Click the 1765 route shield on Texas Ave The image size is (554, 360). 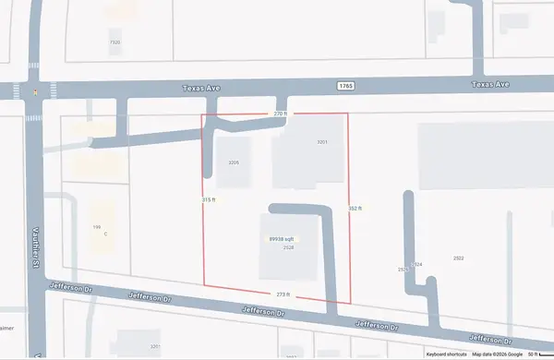click(345, 85)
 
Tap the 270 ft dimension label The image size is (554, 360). click(282, 114)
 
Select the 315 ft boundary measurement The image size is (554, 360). click(209, 200)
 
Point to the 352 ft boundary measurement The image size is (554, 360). click(355, 209)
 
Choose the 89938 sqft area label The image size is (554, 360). click(282, 239)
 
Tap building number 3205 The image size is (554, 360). click(234, 162)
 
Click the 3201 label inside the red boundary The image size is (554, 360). click(322, 141)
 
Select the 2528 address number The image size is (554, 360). click(288, 247)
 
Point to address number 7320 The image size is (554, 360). click(114, 42)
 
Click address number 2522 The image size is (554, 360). click(459, 258)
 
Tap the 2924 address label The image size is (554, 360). click(417, 264)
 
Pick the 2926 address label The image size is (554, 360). click(403, 270)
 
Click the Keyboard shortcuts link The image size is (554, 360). click(447, 354)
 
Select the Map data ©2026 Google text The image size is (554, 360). click(498, 354)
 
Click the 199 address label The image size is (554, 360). click(96, 226)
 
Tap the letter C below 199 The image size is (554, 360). click(105, 234)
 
